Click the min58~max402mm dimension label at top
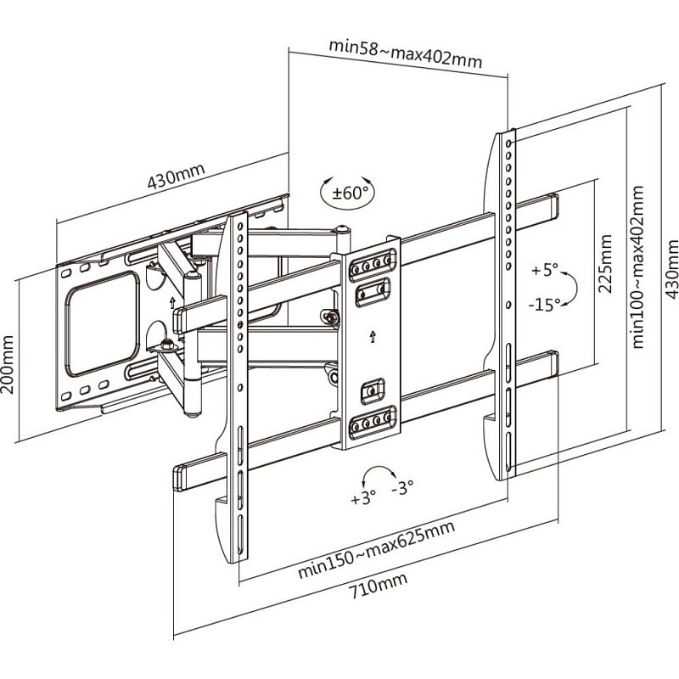pyautogui.click(x=406, y=53)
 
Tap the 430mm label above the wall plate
pyautogui.click(x=176, y=177)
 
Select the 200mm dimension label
pyautogui.click(x=8, y=364)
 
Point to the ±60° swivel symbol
pyautogui.click(x=347, y=193)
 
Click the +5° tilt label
pyautogui.click(x=545, y=270)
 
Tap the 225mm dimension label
pyautogui.click(x=604, y=264)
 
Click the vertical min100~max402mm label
pyautogui.click(x=637, y=267)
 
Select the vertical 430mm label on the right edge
pyautogui.click(x=671, y=269)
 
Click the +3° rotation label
pyautogui.click(x=363, y=498)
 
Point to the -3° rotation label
pyautogui.click(x=402, y=487)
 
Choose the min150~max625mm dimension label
pyautogui.click(x=376, y=549)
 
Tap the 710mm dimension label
pyautogui.click(x=378, y=586)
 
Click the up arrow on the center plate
pyautogui.click(x=373, y=336)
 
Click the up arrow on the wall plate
pyautogui.click(x=172, y=302)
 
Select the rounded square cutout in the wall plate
pyautogui.click(x=102, y=324)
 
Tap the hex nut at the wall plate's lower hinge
pyautogui.click(x=167, y=345)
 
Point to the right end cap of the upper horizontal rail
pyautogui.click(x=553, y=205)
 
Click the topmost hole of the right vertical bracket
pyautogui.click(x=508, y=143)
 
